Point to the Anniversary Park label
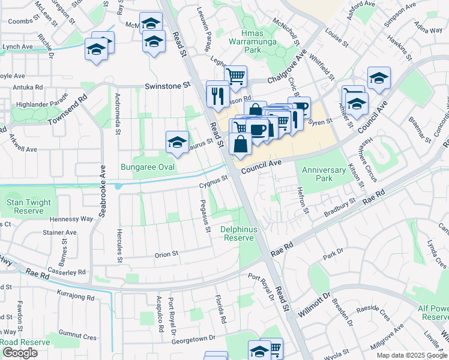(x=325, y=174)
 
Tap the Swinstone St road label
(x=167, y=86)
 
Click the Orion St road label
(x=167, y=254)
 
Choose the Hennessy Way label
(x=71, y=220)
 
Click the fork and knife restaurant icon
(x=217, y=94)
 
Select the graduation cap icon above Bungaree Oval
(x=176, y=143)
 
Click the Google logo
(x=20, y=352)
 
